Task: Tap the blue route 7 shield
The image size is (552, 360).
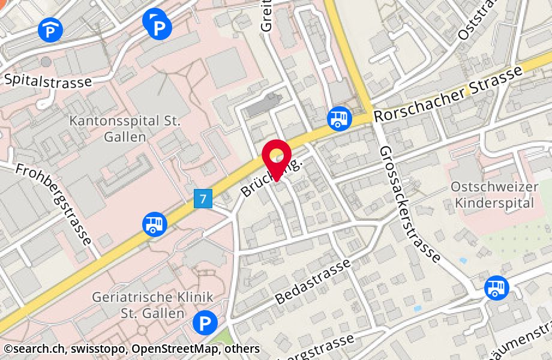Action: tap(204, 199)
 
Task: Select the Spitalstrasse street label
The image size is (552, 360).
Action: tap(48, 80)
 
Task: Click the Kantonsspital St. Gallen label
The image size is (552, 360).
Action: tap(125, 128)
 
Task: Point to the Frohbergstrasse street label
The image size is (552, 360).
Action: tap(54, 205)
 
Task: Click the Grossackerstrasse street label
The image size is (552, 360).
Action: tap(410, 204)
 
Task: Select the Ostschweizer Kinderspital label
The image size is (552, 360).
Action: tap(494, 194)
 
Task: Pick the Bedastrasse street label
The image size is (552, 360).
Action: tap(313, 281)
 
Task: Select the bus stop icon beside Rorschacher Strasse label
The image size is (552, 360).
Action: tap(339, 118)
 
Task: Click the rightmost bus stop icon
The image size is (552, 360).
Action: tap(496, 287)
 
